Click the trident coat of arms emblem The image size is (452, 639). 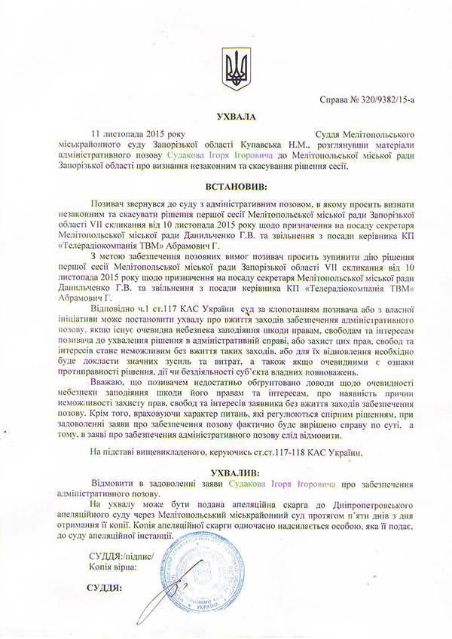click(235, 69)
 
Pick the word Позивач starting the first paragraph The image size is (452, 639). click(109, 204)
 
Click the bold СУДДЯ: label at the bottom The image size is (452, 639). click(105, 588)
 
